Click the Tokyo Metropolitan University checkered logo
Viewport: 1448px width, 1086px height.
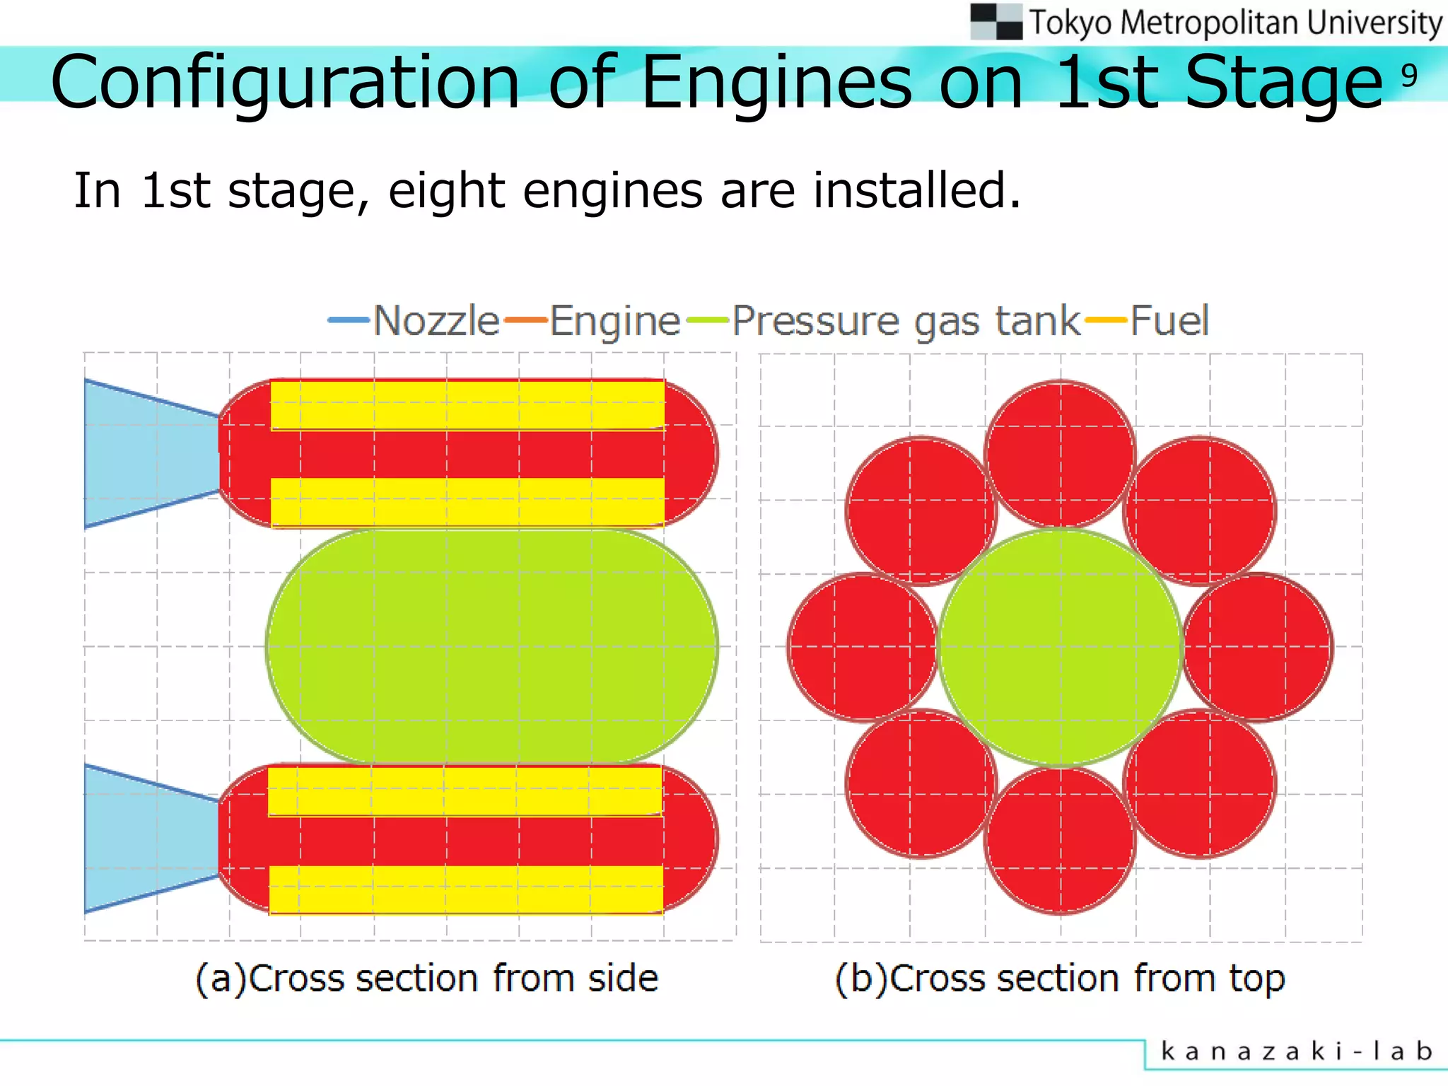click(995, 21)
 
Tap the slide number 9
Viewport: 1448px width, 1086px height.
click(1409, 75)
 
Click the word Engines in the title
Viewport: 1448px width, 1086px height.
click(776, 83)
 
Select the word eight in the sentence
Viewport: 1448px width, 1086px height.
click(446, 191)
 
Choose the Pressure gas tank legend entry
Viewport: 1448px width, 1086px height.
click(906, 321)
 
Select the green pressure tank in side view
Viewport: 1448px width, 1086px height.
click(491, 646)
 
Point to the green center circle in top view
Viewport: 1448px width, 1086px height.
click(1061, 647)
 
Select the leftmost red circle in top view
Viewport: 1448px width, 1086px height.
click(863, 647)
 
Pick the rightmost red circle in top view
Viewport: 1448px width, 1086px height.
click(1259, 647)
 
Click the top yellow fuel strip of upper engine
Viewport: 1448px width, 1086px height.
click(467, 404)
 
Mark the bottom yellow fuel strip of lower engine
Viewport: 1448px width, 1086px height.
click(467, 889)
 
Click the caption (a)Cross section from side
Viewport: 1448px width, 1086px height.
click(426, 979)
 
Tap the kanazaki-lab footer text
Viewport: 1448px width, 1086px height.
click(1297, 1051)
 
